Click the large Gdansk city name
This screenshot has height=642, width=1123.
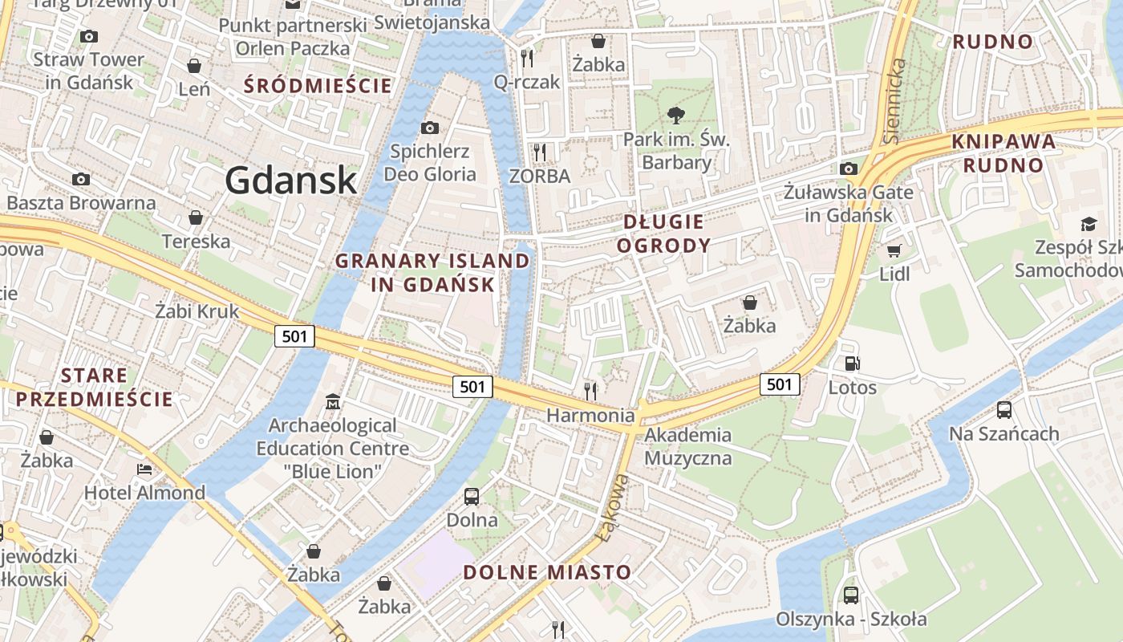pyautogui.click(x=290, y=180)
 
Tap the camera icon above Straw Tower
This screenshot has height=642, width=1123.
pyautogui.click(x=89, y=36)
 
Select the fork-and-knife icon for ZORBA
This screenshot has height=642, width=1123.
pyautogui.click(x=540, y=151)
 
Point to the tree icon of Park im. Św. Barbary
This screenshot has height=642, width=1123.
pyautogui.click(x=676, y=115)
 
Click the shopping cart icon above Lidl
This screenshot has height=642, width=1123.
pyautogui.click(x=894, y=250)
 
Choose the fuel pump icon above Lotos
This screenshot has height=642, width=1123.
pyautogui.click(x=852, y=364)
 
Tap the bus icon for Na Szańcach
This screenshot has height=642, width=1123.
pyautogui.click(x=1003, y=410)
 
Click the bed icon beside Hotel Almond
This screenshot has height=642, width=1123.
pyautogui.click(x=144, y=469)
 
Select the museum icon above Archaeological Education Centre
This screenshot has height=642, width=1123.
pyautogui.click(x=332, y=400)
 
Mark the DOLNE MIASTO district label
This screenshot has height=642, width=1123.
pyautogui.click(x=548, y=572)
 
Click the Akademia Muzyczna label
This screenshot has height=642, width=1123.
pyautogui.click(x=688, y=446)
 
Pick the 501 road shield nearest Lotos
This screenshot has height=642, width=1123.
pyautogui.click(x=780, y=384)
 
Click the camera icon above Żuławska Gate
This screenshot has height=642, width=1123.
pyautogui.click(x=849, y=169)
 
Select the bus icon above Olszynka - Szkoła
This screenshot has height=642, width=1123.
pyautogui.click(x=850, y=595)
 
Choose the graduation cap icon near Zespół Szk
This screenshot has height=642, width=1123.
pyautogui.click(x=1089, y=224)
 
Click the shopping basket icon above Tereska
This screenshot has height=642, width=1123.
pyautogui.click(x=195, y=217)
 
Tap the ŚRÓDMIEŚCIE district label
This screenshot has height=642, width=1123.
pyautogui.click(x=318, y=85)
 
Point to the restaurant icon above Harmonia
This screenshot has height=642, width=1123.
pyautogui.click(x=590, y=391)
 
